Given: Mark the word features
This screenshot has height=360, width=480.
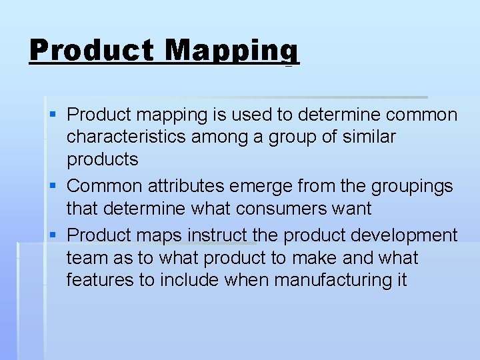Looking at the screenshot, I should tap(100, 280).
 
